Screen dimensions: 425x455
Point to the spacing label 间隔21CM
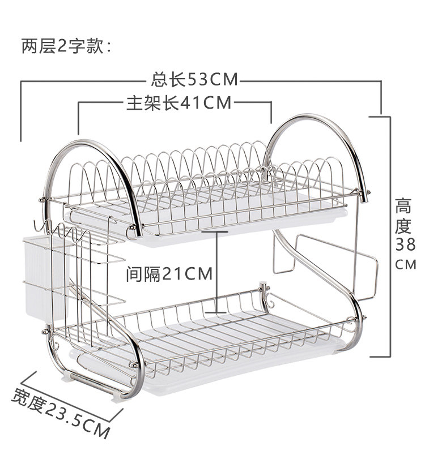(x=169, y=274)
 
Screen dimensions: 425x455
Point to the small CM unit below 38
(x=405, y=264)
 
